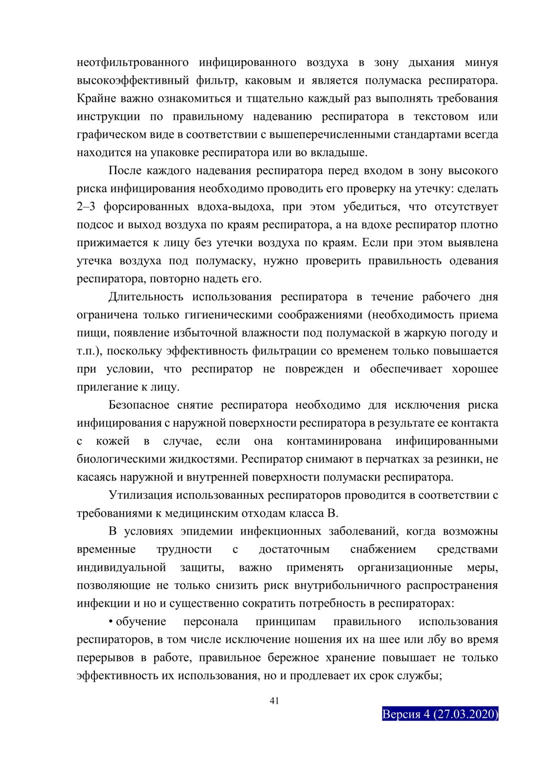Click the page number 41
pyautogui.click(x=274, y=701)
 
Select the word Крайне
pyautogui.click(x=96, y=98)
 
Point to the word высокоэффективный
pyautogui.click(x=133, y=81)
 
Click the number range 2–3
pyautogui.click(x=86, y=207)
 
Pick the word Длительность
pyautogui.click(x=146, y=297)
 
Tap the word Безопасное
pyautogui.click(x=139, y=405)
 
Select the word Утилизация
pyautogui.click(x=140, y=495)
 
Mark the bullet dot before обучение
pyautogui.click(x=111, y=622)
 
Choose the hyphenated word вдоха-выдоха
pyautogui.click(x=234, y=207)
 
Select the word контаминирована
pyautogui.click(x=334, y=441)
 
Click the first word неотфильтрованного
pyautogui.click(x=133, y=62)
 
